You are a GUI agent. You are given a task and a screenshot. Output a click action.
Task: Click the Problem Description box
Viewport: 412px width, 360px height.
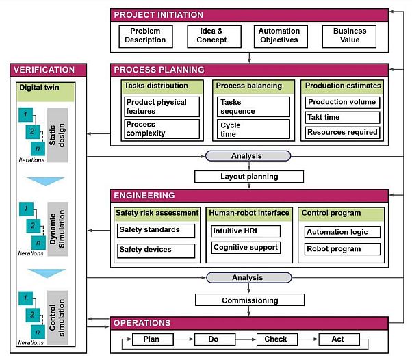pos(145,36)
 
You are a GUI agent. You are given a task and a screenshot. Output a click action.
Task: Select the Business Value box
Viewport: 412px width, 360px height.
pos(349,36)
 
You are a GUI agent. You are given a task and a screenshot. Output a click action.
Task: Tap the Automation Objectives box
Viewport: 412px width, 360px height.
pos(279,36)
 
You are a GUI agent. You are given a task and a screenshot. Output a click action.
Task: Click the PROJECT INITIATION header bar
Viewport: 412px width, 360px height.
pos(249,15)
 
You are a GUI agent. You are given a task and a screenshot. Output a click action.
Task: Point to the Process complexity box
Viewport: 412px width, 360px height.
pos(162,129)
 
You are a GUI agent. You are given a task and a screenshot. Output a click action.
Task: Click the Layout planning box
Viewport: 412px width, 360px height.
pos(249,177)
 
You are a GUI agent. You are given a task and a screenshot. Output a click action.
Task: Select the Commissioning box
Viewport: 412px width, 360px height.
pos(249,300)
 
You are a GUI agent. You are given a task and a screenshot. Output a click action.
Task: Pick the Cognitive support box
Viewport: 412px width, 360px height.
pos(245,248)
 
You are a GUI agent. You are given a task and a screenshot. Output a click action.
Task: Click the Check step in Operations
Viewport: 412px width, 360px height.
pos(276,339)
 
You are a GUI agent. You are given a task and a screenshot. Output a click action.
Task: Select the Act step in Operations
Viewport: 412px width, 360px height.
pos(338,339)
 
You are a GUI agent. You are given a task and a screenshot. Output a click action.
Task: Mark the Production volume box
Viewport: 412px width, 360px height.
pos(342,102)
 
